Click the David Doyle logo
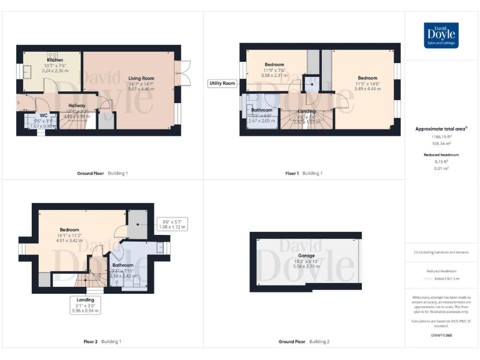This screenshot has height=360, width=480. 441,36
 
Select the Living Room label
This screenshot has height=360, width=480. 141,78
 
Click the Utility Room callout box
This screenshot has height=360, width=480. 222,83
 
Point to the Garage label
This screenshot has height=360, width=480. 306,256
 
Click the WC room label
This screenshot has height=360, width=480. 43,115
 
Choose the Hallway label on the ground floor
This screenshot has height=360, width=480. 77,106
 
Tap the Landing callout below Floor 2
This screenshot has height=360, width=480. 86,305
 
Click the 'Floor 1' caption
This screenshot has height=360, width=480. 292,173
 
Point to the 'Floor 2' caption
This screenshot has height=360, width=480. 91,342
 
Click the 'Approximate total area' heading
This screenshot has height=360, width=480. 441,129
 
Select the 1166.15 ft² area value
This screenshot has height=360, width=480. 441,136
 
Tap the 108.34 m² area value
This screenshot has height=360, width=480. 441,143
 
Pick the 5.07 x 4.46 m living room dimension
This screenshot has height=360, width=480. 141,89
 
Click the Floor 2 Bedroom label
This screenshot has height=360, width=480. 69,229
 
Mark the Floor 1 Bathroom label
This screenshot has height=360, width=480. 262,110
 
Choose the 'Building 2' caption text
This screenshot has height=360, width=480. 319,342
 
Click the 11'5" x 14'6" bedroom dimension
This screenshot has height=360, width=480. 367,83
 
